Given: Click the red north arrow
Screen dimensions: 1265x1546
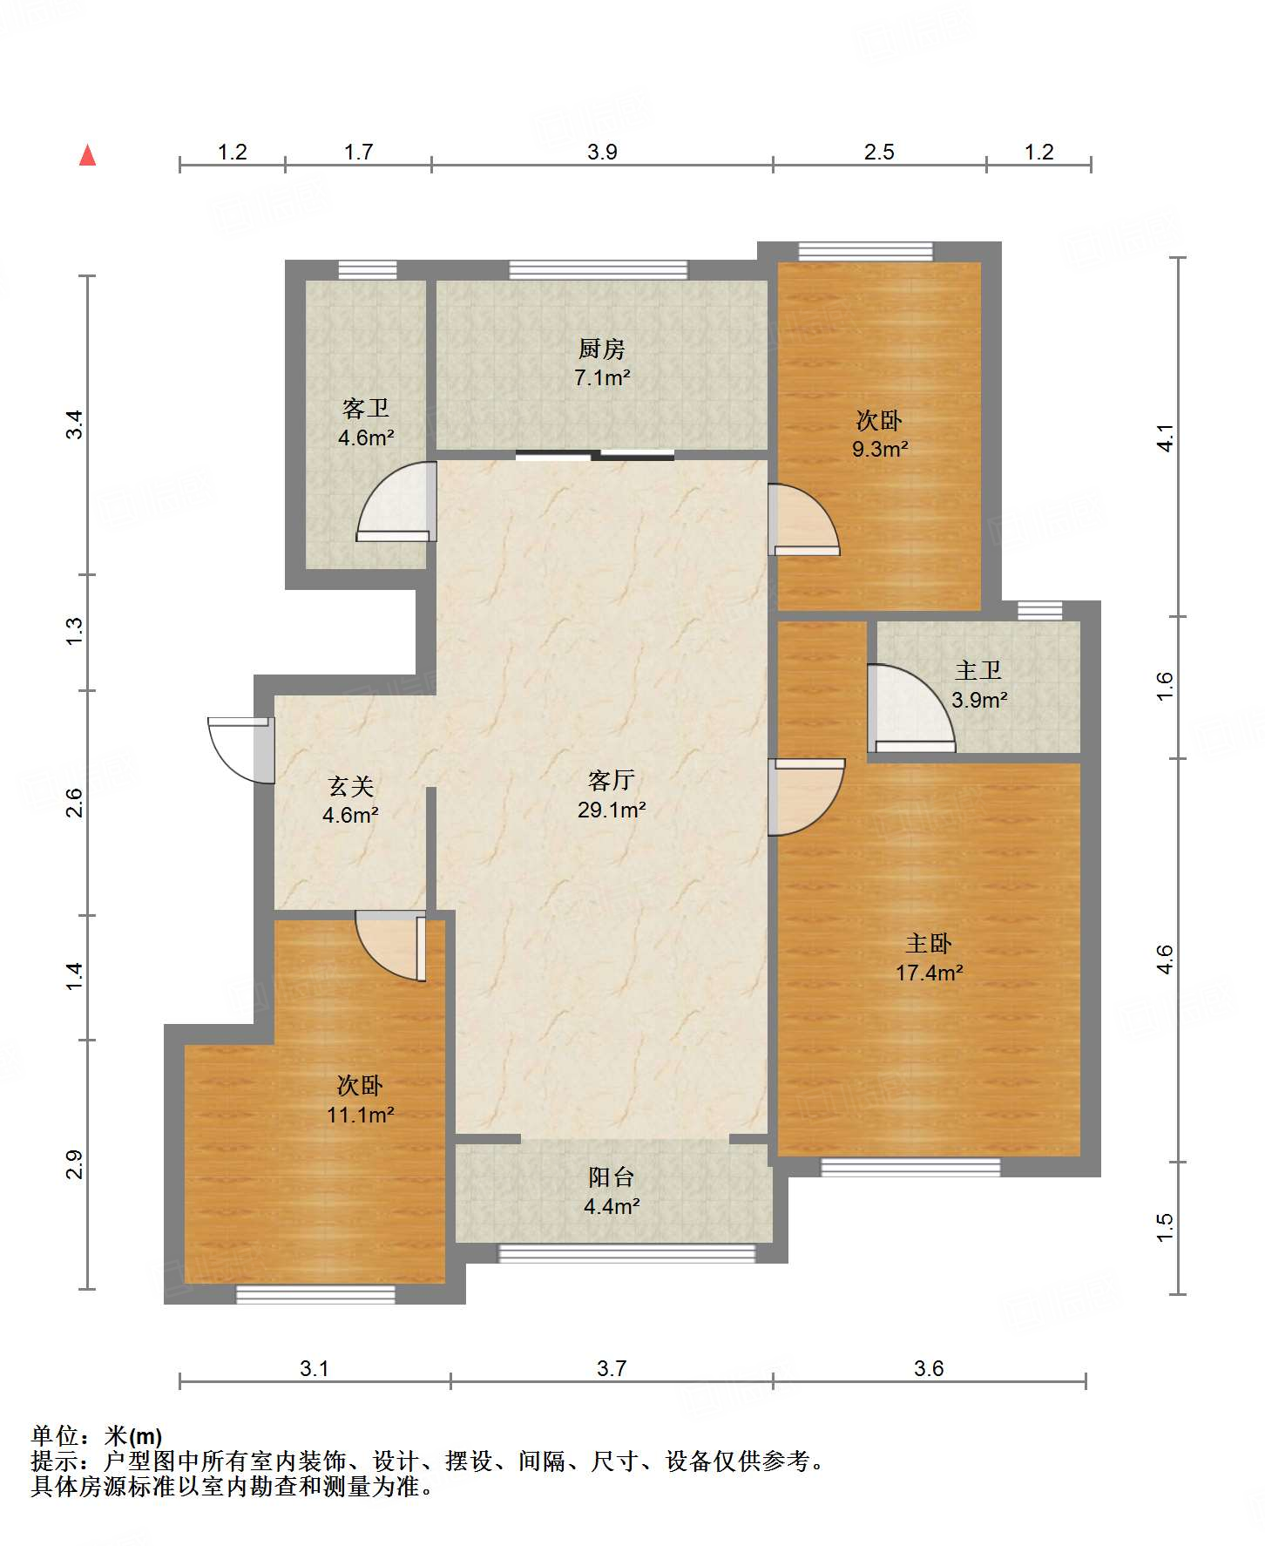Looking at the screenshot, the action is [x=87, y=155].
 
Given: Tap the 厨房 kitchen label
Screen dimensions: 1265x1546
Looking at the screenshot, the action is [x=601, y=349].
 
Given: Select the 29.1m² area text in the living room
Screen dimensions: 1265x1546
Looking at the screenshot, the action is [x=612, y=810].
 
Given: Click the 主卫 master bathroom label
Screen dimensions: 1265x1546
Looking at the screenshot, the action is [x=977, y=670].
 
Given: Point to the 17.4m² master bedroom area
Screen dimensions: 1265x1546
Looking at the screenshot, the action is [x=929, y=973].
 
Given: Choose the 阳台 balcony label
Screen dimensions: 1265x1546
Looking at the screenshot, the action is [x=611, y=1177].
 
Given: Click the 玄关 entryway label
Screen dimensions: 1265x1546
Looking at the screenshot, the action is [x=351, y=786].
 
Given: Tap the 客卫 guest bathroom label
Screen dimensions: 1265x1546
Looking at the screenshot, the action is [x=366, y=408].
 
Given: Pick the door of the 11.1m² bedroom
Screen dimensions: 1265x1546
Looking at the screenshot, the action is [x=391, y=946].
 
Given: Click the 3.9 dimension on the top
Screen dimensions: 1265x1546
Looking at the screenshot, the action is [x=602, y=152].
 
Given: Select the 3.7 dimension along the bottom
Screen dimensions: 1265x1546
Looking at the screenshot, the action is [x=612, y=1368].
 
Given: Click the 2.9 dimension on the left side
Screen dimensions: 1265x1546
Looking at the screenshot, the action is [x=74, y=1164].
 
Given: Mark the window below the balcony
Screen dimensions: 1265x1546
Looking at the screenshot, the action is [x=626, y=1253].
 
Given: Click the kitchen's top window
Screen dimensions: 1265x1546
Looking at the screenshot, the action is [x=598, y=269].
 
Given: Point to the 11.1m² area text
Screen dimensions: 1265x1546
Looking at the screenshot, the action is [x=361, y=1115].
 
